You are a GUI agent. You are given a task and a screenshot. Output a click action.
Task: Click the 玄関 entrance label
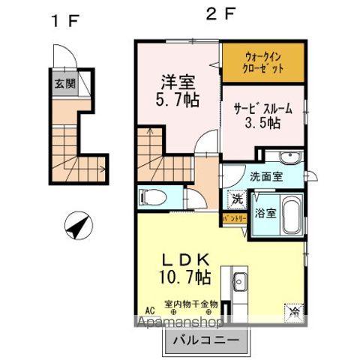[64, 83]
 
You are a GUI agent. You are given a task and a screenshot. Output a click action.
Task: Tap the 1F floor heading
[64, 20]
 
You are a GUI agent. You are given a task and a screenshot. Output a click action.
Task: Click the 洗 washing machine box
[236, 201]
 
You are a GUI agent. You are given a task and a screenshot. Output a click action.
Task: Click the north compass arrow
[77, 223]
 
